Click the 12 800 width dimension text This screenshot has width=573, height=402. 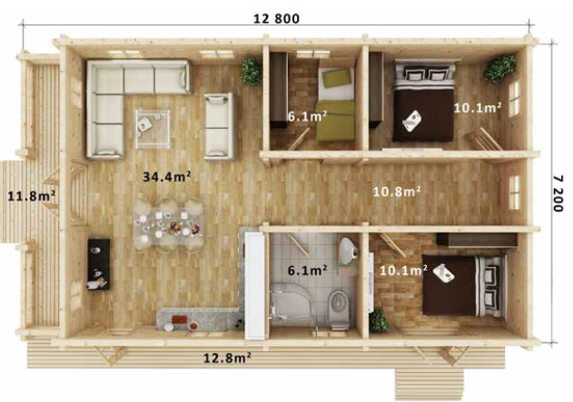(x=274, y=18)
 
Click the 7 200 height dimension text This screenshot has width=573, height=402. (x=558, y=193)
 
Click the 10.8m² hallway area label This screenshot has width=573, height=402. (x=397, y=191)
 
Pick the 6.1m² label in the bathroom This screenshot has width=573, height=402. (x=306, y=270)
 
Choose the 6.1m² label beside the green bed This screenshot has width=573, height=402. (x=306, y=117)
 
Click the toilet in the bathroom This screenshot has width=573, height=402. (x=338, y=304)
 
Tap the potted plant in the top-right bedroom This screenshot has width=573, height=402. (x=500, y=68)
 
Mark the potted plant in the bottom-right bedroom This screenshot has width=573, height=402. (x=379, y=320)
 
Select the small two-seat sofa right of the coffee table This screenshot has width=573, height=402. (x=218, y=125)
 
